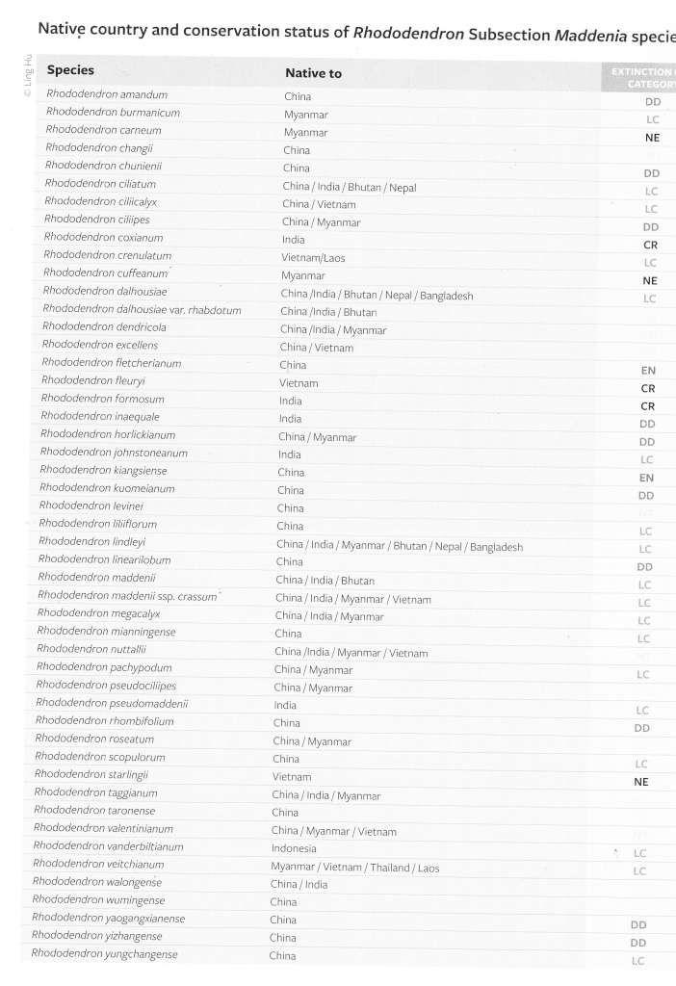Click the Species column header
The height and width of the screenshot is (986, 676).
point(70,69)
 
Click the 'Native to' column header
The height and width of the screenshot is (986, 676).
point(313,73)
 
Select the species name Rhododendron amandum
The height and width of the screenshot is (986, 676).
point(107,94)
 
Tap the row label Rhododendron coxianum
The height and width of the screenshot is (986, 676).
point(104,237)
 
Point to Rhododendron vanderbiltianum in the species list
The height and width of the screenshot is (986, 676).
point(108,846)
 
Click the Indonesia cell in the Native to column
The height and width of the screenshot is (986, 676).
point(294,848)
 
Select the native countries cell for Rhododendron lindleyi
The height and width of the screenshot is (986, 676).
point(399,546)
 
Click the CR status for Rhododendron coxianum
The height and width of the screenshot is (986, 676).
point(649,245)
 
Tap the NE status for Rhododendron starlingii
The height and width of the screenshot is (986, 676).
point(641,782)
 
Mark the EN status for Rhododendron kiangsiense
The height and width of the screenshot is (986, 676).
point(646,478)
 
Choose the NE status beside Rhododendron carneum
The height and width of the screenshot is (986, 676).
point(652,138)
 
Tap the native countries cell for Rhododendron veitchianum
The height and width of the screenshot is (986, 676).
point(354,867)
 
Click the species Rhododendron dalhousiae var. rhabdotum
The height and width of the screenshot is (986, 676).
point(142,310)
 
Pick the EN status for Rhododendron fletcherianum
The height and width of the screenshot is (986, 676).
point(648,370)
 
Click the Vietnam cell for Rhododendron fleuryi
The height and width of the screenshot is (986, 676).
point(299,382)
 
